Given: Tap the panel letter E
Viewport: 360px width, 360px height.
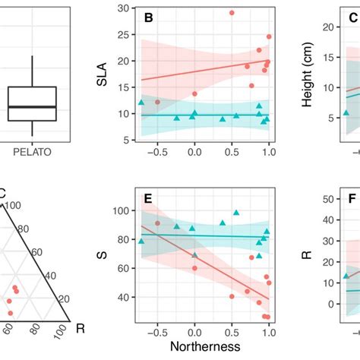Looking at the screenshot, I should point(149,200).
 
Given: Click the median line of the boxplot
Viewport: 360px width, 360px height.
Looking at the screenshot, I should point(32,107).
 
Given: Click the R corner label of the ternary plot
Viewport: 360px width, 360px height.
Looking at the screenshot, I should point(81,327).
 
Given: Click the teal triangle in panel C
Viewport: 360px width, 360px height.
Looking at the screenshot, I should point(346,112).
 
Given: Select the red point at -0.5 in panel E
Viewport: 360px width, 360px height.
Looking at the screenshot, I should point(157,223).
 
